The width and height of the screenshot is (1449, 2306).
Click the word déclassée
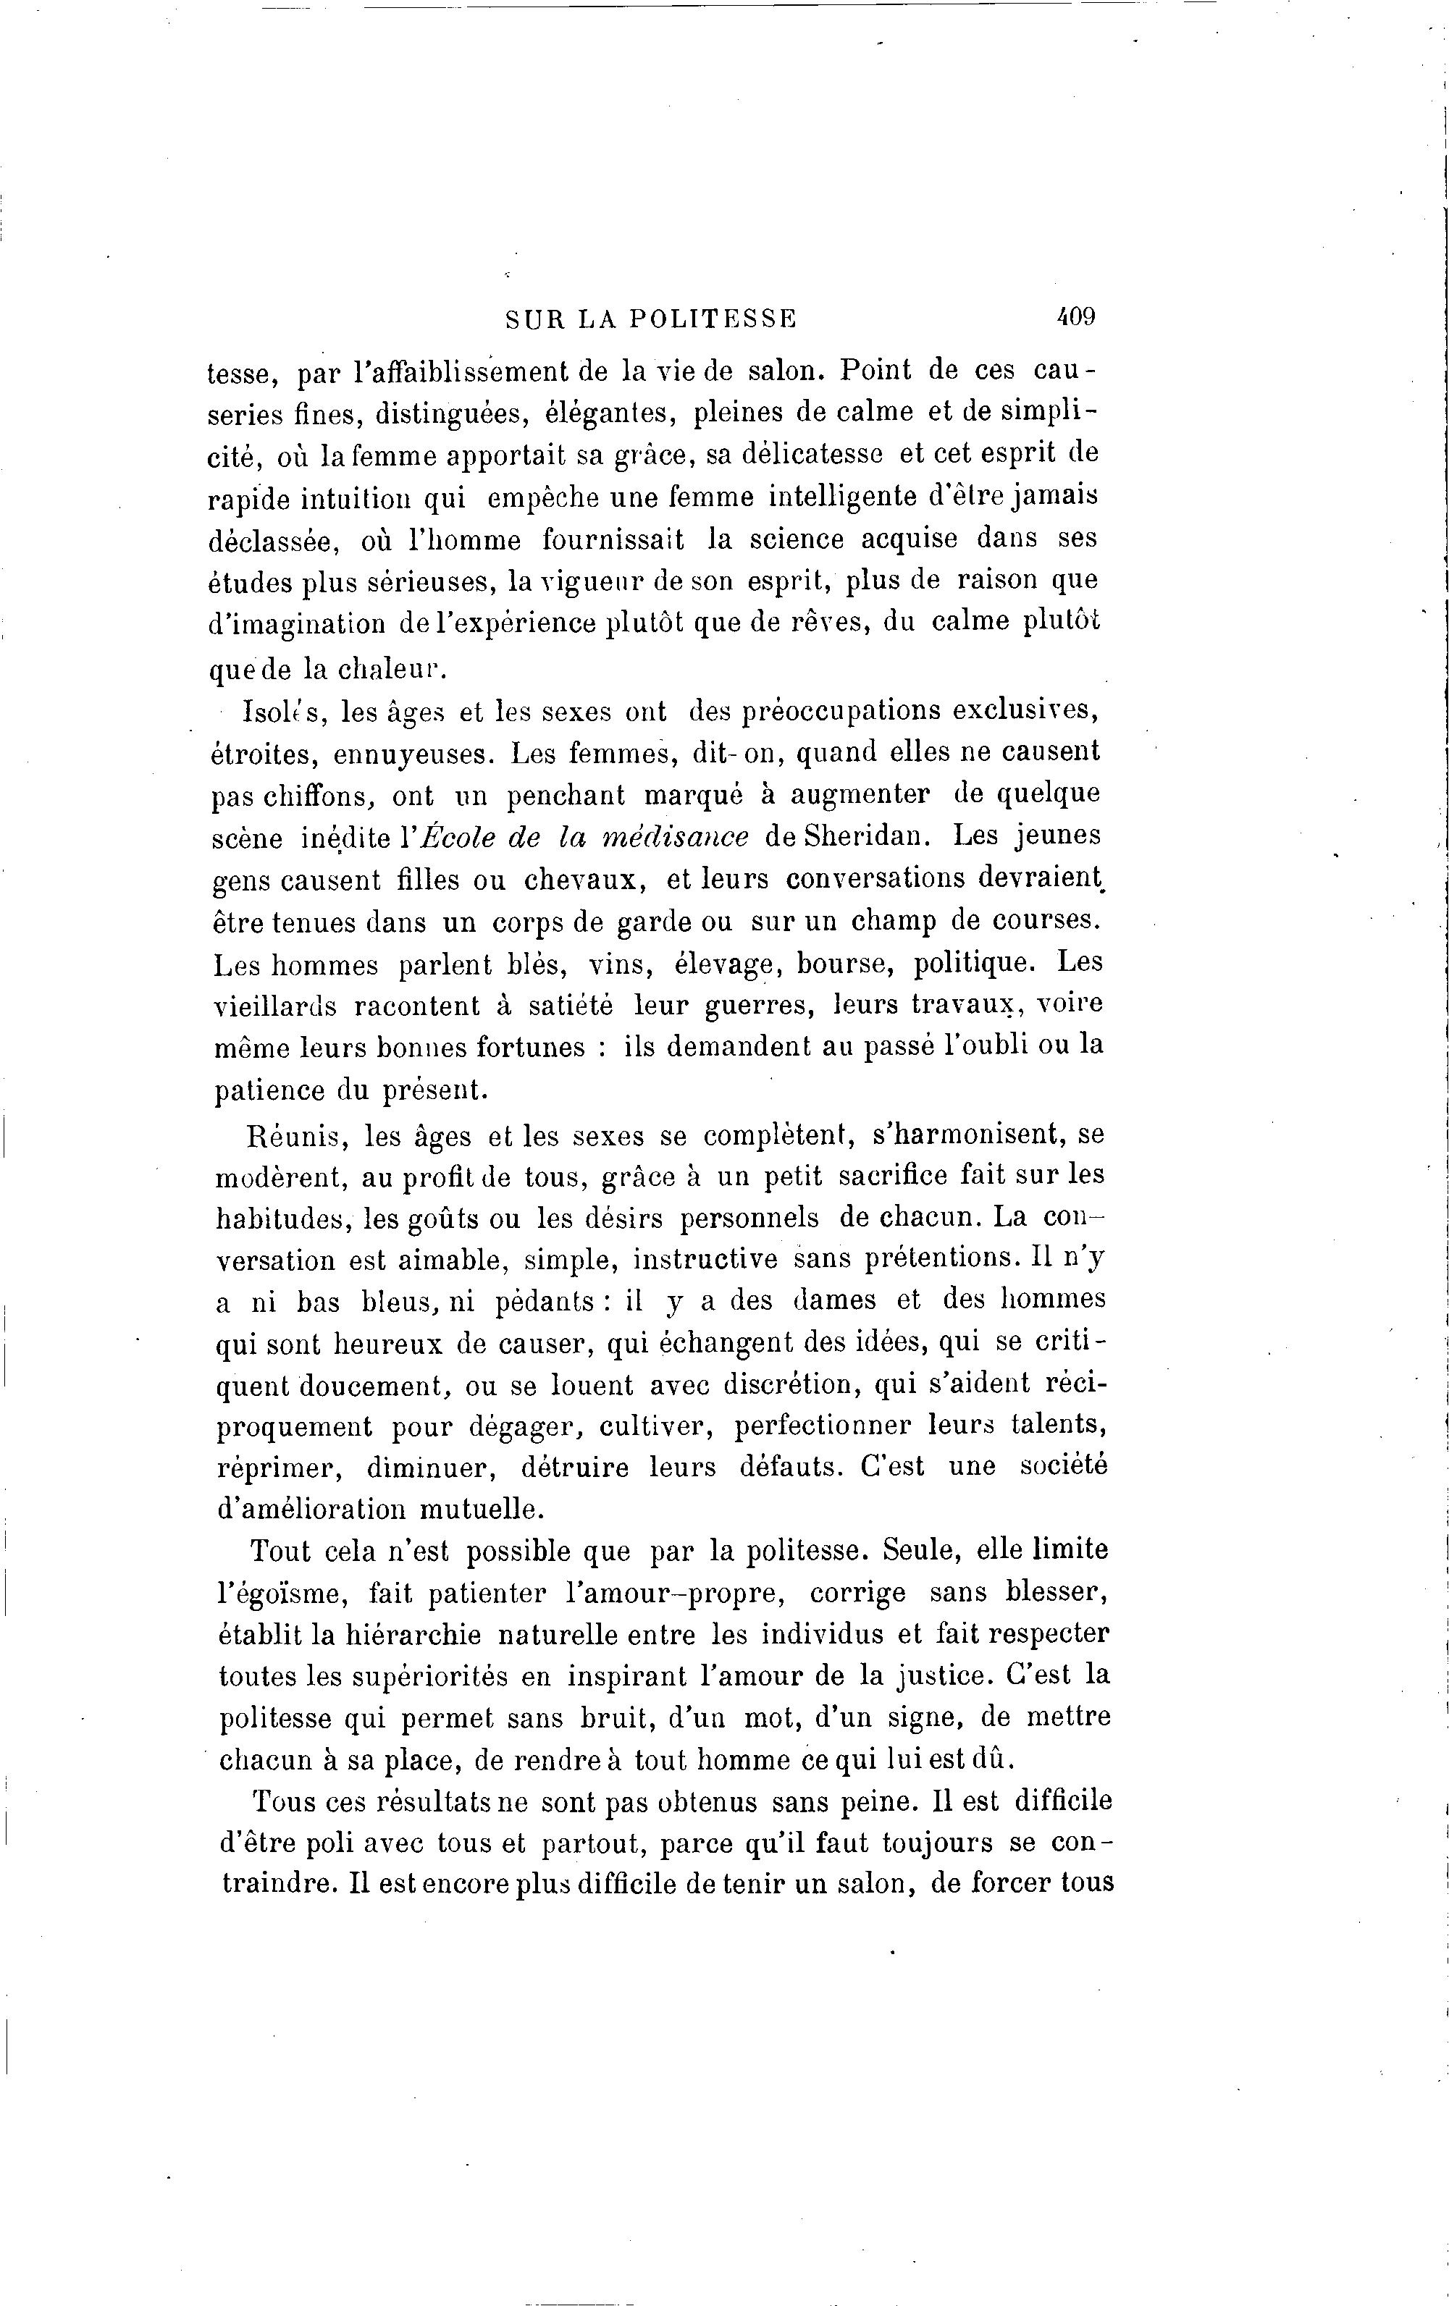coord(274,540)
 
